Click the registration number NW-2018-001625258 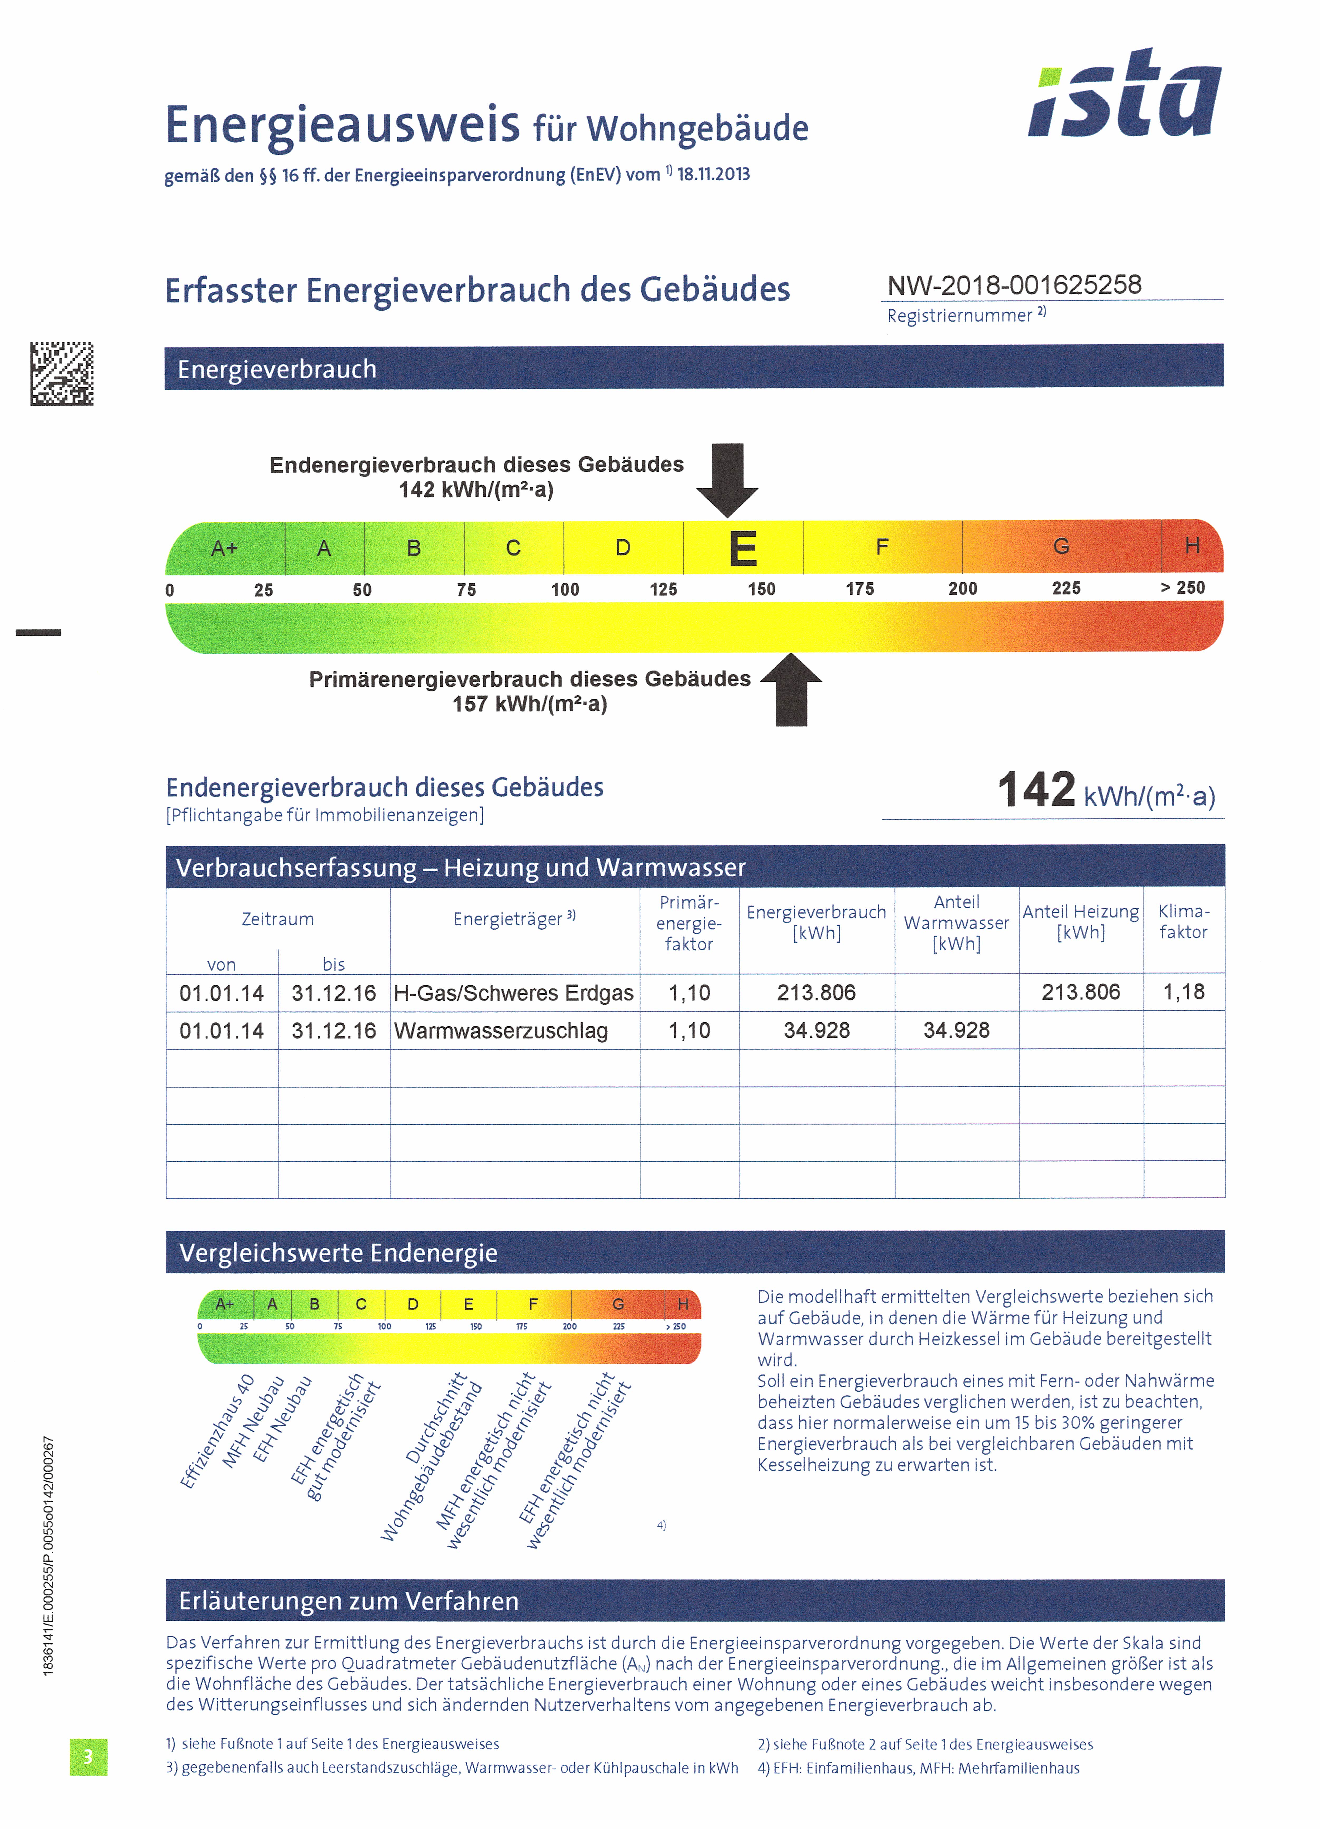1014,285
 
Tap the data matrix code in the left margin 62,373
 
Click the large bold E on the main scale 743,549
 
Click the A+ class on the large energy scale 224,548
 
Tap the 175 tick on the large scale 860,589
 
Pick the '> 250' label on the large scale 1182,588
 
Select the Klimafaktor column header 1183,922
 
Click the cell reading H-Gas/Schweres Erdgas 514,993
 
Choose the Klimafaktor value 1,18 1183,992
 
